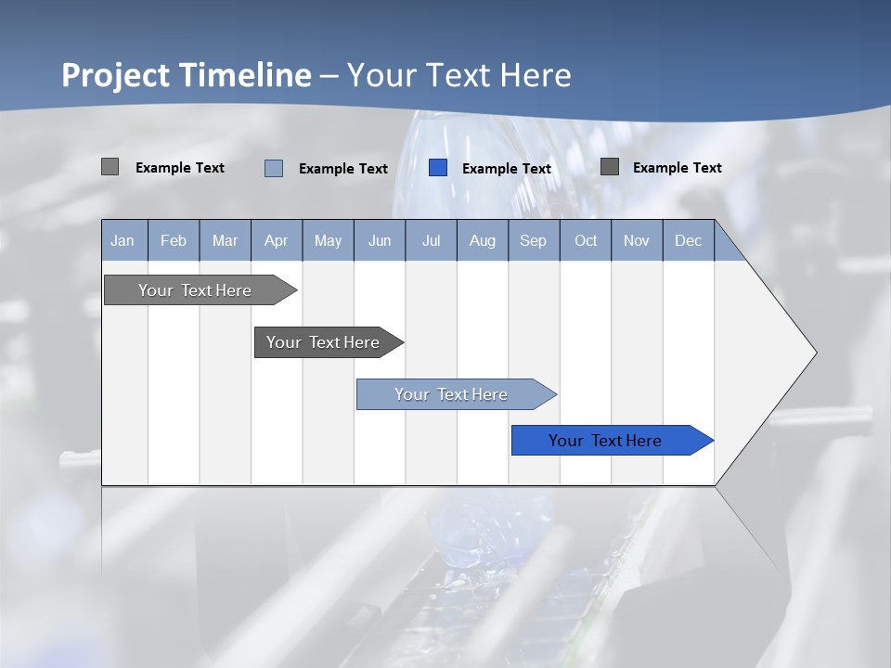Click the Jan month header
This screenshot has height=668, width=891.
tap(123, 240)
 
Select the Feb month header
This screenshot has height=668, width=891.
tap(174, 240)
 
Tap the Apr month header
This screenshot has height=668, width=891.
tap(277, 240)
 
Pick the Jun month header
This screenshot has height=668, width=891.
tap(380, 240)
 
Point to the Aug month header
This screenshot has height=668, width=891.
tap(483, 240)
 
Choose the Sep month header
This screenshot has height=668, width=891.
tap(534, 240)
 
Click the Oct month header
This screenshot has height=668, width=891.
tap(586, 240)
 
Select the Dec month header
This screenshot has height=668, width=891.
tap(689, 240)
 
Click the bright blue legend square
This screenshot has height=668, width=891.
tap(438, 168)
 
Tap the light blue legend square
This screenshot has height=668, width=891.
tap(274, 168)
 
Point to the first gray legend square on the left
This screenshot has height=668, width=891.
tap(110, 167)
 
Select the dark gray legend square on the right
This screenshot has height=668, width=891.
tap(610, 167)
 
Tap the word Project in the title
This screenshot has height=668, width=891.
tap(116, 75)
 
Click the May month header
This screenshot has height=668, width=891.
tap(328, 240)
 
